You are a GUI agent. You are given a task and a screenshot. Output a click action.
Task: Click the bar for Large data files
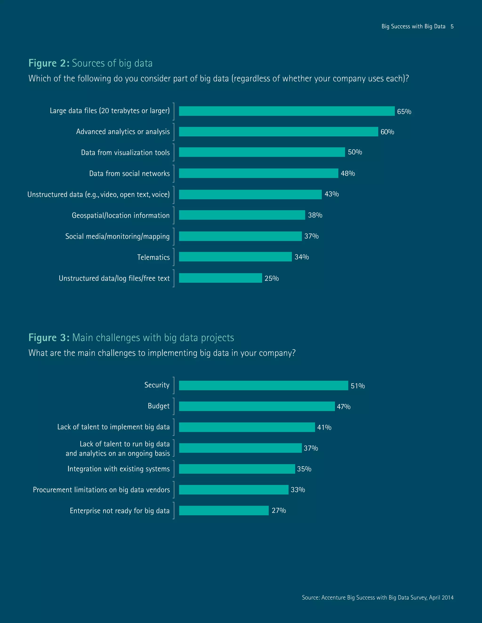[287, 111]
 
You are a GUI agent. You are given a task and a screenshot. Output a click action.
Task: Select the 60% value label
[387, 132]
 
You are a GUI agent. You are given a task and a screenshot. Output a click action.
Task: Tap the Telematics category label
[153, 257]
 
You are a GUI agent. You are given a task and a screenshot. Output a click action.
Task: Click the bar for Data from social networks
[258, 173]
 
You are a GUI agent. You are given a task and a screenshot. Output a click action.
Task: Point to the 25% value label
[272, 278]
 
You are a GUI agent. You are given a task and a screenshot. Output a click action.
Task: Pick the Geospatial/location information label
[120, 215]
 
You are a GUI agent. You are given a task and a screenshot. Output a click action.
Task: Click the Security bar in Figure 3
[263, 385]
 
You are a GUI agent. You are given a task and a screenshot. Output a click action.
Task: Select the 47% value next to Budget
[344, 406]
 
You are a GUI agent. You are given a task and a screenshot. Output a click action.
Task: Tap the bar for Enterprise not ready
[224, 510]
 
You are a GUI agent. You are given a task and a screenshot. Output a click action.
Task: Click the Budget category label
[158, 406]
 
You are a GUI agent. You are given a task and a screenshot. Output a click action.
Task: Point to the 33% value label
[298, 490]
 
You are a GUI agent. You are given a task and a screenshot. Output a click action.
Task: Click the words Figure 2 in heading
[48, 63]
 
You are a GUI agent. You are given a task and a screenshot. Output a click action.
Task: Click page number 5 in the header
[452, 27]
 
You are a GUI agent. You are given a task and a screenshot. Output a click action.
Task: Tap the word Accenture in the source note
[333, 597]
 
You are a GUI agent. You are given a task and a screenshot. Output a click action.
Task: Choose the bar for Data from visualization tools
[262, 152]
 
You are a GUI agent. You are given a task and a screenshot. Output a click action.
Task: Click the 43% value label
[332, 194]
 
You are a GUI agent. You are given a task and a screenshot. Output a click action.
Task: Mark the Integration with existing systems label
[119, 469]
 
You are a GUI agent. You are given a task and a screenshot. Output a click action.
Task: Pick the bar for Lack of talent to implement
[247, 427]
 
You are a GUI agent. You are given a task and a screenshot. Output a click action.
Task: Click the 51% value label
[357, 386]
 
